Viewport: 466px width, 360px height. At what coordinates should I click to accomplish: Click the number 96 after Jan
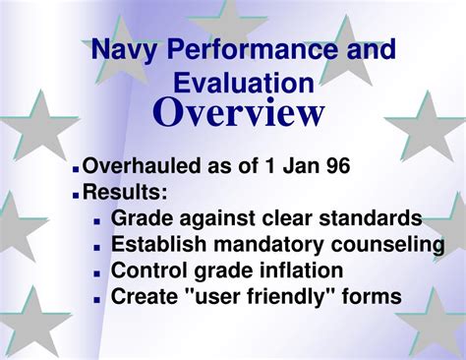(331, 166)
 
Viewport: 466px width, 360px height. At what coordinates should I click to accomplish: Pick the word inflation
(300, 270)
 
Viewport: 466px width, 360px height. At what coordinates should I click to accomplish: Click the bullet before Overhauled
(76, 169)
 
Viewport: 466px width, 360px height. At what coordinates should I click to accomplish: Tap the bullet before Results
(76, 195)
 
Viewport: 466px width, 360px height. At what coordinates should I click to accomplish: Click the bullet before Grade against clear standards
(96, 221)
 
